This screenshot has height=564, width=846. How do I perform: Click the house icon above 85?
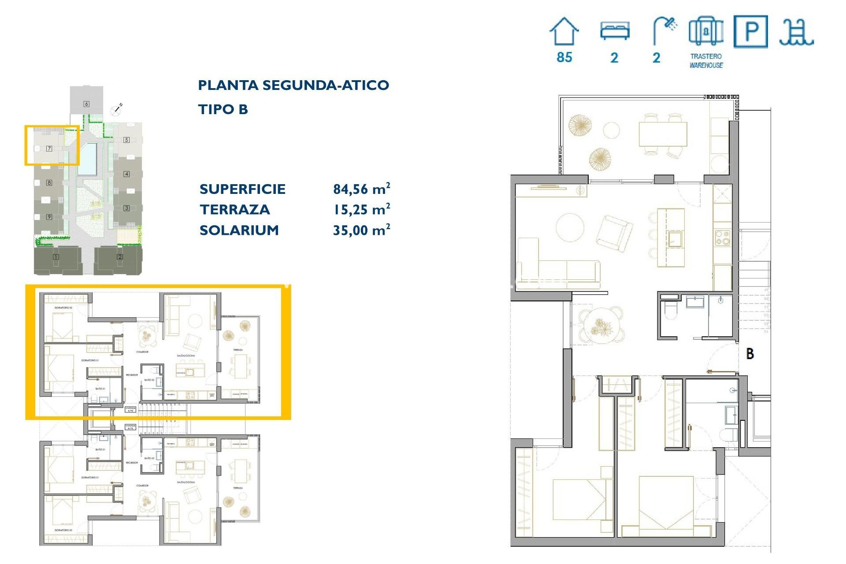(x=564, y=31)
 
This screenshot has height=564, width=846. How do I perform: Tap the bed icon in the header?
(x=615, y=31)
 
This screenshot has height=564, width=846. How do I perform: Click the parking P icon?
(x=751, y=31)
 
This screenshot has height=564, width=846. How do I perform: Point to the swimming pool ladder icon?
(x=796, y=33)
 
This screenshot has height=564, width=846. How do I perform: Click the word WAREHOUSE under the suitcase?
(x=706, y=65)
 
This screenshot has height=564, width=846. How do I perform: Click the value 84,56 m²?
(x=361, y=189)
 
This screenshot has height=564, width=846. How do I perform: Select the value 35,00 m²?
(x=361, y=230)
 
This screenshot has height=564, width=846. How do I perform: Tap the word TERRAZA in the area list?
(x=234, y=210)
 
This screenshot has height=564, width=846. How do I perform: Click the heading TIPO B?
(x=223, y=109)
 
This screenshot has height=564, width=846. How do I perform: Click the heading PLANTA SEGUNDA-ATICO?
(x=293, y=85)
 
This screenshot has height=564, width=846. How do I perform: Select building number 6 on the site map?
(x=86, y=104)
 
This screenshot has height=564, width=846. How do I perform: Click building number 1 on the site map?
(x=56, y=257)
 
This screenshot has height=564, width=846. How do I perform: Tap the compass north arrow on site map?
(x=117, y=109)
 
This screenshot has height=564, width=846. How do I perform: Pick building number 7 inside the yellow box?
(x=49, y=148)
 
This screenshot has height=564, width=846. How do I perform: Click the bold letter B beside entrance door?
(x=750, y=353)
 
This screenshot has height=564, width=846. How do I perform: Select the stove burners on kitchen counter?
(x=722, y=238)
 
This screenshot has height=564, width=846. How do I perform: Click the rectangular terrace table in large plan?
(x=663, y=134)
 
